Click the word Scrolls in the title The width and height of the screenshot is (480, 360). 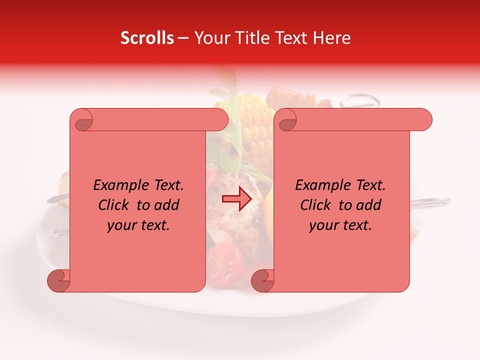click(147, 38)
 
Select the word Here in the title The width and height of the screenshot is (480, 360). click(332, 38)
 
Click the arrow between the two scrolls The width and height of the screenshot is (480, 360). click(237, 199)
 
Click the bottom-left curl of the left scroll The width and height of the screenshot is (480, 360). click(58, 280)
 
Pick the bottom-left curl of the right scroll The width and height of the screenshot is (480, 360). click(262, 280)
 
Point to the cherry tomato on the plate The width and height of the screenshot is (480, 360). click(225, 262)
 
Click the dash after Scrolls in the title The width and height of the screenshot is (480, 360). click(183, 38)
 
